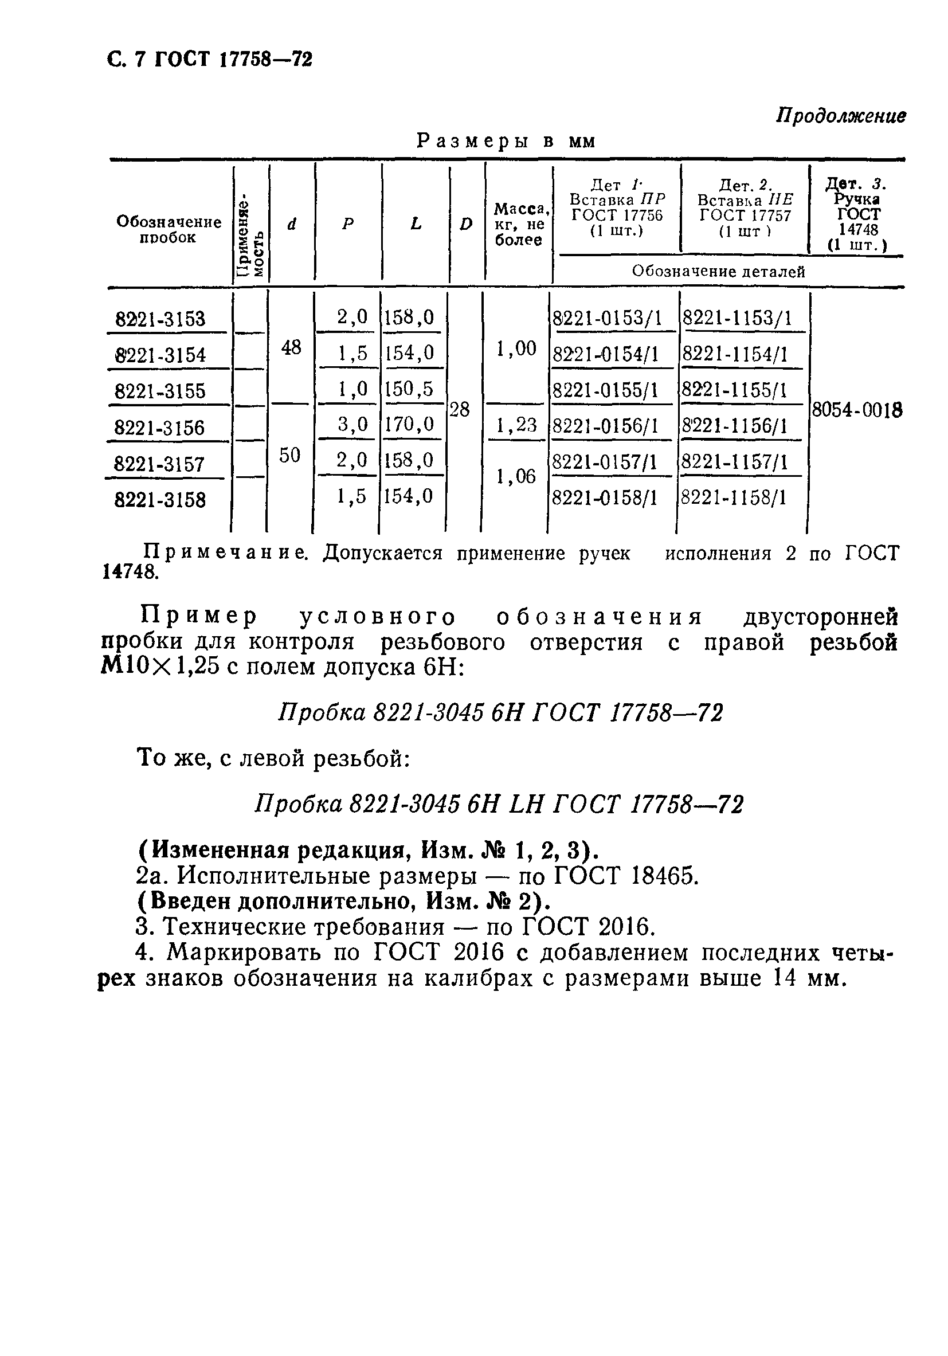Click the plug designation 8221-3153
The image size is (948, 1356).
point(160,319)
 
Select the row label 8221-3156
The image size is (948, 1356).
point(159,428)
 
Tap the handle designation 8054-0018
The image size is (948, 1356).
point(857,410)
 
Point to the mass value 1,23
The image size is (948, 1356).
point(516,425)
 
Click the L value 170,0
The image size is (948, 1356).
point(409,424)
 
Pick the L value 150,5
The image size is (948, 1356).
point(409,389)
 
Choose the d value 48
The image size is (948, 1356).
point(291,348)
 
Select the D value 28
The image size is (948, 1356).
point(460,409)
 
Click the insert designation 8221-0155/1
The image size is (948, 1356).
point(605,390)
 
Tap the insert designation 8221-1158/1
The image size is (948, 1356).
point(734,499)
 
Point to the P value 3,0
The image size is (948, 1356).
point(352,424)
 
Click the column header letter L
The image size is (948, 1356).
point(416,224)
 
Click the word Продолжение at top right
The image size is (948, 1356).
point(840,116)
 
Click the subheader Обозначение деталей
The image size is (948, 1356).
point(718,272)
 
